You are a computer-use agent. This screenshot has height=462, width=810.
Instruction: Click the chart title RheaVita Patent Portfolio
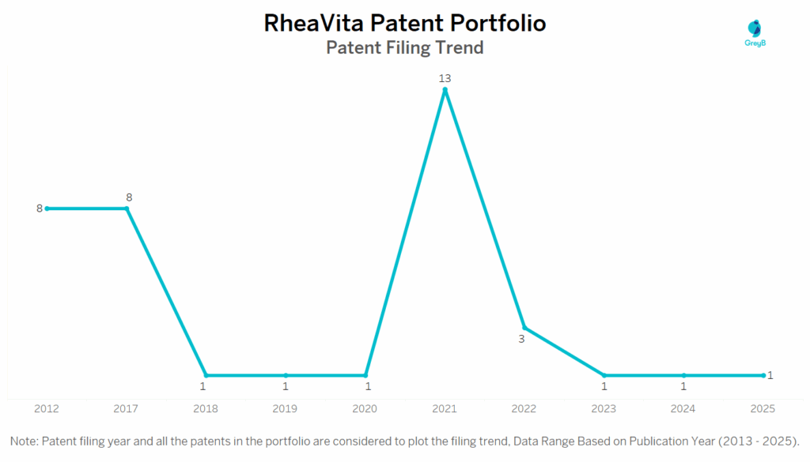pyautogui.click(x=404, y=23)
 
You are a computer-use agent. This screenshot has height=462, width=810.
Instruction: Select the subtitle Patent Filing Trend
pyautogui.click(x=404, y=47)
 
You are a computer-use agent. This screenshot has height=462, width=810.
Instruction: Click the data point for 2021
pyautogui.click(x=445, y=90)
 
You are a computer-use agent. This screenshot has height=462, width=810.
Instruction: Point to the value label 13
pyautogui.click(x=445, y=78)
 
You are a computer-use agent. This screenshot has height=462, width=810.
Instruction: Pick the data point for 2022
pyautogui.click(x=524, y=328)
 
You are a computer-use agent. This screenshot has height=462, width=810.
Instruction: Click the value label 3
pyautogui.click(x=522, y=339)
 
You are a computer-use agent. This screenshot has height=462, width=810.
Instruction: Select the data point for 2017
pyautogui.click(x=127, y=208)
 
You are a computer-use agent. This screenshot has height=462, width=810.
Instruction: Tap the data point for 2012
pyautogui.click(x=47, y=208)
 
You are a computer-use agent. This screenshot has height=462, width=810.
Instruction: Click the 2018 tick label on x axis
pyautogui.click(x=206, y=409)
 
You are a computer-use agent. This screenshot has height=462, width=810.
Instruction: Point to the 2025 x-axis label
pyautogui.click(x=763, y=409)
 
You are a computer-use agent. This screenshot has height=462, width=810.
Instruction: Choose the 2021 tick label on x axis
pyautogui.click(x=445, y=409)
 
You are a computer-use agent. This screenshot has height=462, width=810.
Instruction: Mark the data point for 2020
pyautogui.click(x=365, y=375)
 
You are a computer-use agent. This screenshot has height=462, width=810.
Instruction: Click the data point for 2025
pyautogui.click(x=763, y=375)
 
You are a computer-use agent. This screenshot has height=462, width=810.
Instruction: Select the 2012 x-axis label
pyautogui.click(x=47, y=409)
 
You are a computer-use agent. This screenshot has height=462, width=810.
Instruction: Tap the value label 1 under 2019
pyautogui.click(x=286, y=387)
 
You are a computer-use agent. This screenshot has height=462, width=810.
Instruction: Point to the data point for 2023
pyautogui.click(x=604, y=375)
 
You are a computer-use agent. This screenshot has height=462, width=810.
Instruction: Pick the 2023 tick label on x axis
pyautogui.click(x=604, y=409)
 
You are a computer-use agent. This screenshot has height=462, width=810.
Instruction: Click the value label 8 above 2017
pyautogui.click(x=128, y=197)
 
